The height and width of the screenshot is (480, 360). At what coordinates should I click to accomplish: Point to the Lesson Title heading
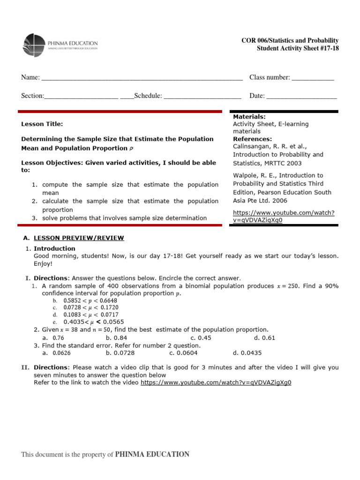coord(42,124)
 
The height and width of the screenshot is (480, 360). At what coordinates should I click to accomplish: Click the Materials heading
coord(249,116)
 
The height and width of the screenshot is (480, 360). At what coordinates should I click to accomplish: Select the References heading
coord(252,139)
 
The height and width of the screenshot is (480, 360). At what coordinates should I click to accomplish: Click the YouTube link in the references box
coord(284,216)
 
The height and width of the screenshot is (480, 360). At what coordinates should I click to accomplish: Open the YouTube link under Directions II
coord(216,382)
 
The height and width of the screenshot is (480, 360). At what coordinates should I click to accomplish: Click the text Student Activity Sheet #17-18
coord(297,49)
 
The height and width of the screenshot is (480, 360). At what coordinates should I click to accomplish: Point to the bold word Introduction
coord(54,248)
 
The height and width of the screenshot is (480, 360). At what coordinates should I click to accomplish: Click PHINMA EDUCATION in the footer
coord(152,454)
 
